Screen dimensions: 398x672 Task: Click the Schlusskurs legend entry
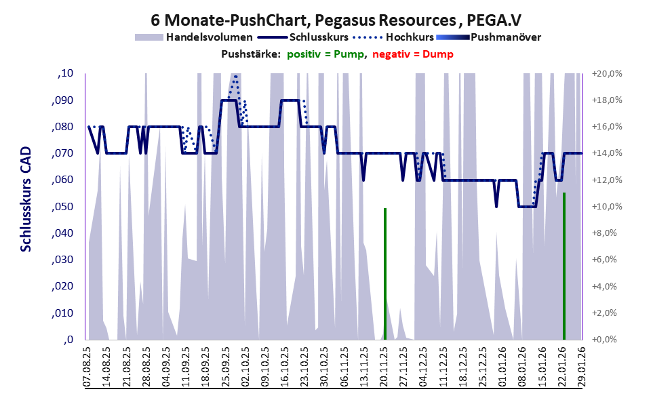coord(319,37)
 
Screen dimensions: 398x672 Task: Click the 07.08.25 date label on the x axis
coord(87,366)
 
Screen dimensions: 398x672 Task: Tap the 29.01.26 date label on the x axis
coord(580,366)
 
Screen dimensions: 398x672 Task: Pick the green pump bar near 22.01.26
coord(564,265)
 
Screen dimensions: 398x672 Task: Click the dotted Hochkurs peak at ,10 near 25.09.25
coord(235,76)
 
